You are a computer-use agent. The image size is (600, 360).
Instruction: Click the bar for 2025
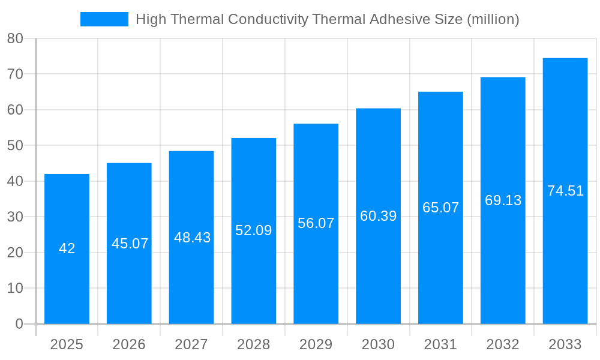(x=67, y=249)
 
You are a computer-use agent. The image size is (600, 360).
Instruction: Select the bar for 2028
(x=254, y=231)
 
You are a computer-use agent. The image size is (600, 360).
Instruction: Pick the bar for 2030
(x=378, y=216)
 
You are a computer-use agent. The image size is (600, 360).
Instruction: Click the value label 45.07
(x=130, y=244)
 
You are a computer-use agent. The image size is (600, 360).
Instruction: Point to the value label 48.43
(x=192, y=238)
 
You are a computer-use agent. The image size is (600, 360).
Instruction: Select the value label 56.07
(x=316, y=223)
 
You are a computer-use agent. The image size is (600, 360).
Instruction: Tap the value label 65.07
(x=440, y=208)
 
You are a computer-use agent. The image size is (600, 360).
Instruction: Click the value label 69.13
(x=503, y=200)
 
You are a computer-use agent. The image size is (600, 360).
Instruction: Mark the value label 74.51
(x=565, y=191)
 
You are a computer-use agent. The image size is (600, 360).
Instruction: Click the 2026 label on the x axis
(x=129, y=344)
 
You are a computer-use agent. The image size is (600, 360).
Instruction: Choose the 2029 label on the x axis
(x=316, y=344)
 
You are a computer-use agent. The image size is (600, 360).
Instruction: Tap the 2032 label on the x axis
(x=503, y=344)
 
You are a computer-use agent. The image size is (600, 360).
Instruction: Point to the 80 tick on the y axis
(x=15, y=38)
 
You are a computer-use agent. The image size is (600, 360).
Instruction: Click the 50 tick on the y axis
(x=15, y=145)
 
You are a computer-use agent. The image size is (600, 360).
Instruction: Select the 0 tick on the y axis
(x=19, y=324)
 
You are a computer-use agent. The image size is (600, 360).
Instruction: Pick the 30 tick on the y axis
(x=15, y=217)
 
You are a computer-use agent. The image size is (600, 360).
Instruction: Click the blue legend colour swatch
(x=104, y=19)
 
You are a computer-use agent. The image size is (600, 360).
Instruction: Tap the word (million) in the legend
(x=493, y=19)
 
